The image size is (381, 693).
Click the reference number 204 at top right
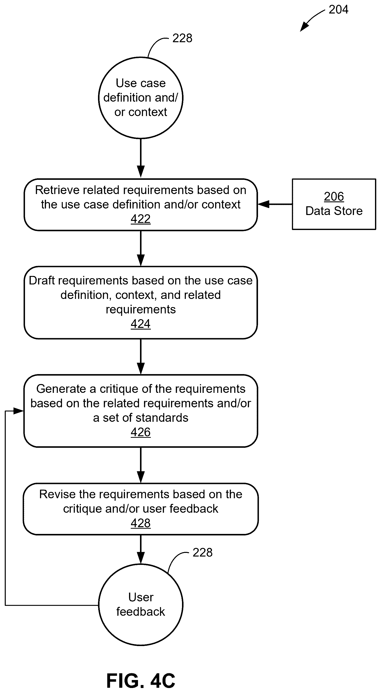pyautogui.click(x=338, y=10)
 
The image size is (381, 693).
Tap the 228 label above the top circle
pyautogui.click(x=182, y=38)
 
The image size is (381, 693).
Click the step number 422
pyautogui.click(x=140, y=219)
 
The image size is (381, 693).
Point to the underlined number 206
pyautogui.click(x=334, y=196)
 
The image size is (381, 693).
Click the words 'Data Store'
pyautogui.click(x=334, y=211)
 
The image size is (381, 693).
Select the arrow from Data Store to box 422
pyautogui.click(x=275, y=204)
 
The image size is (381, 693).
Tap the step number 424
pyautogui.click(x=140, y=324)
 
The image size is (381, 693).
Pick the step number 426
pyautogui.click(x=140, y=432)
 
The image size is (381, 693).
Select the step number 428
pyautogui.click(x=140, y=523)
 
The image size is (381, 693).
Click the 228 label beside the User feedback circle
pyautogui.click(x=202, y=553)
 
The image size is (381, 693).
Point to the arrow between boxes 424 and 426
pyautogui.click(x=141, y=357)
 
